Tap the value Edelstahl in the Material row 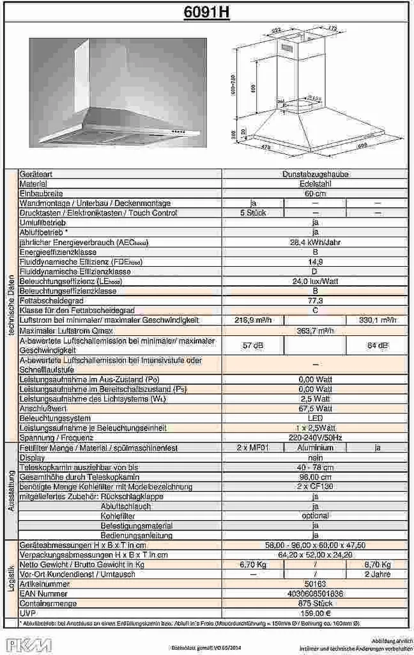[315, 184]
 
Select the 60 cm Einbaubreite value [315, 193]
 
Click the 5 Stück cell [253, 212]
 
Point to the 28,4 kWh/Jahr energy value [315, 242]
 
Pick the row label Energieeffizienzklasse [57, 252]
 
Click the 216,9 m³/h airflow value [253, 320]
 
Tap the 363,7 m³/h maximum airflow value [315, 330]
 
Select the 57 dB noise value [253, 345]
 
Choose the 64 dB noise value [377, 345]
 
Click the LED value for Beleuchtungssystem [315, 418]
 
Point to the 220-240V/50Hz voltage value [315, 438]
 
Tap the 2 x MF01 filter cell [253, 448]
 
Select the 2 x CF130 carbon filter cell [315, 487]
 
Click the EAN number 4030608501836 [315, 594]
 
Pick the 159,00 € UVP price [315, 613]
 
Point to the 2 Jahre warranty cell [377, 574]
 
